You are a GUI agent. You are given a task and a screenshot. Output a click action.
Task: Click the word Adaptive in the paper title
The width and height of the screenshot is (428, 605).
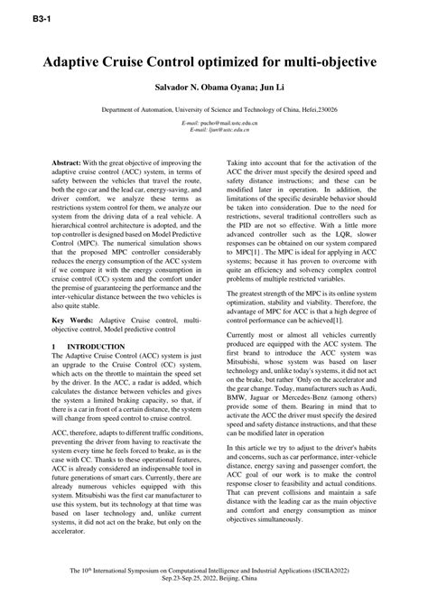[x=78, y=65]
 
